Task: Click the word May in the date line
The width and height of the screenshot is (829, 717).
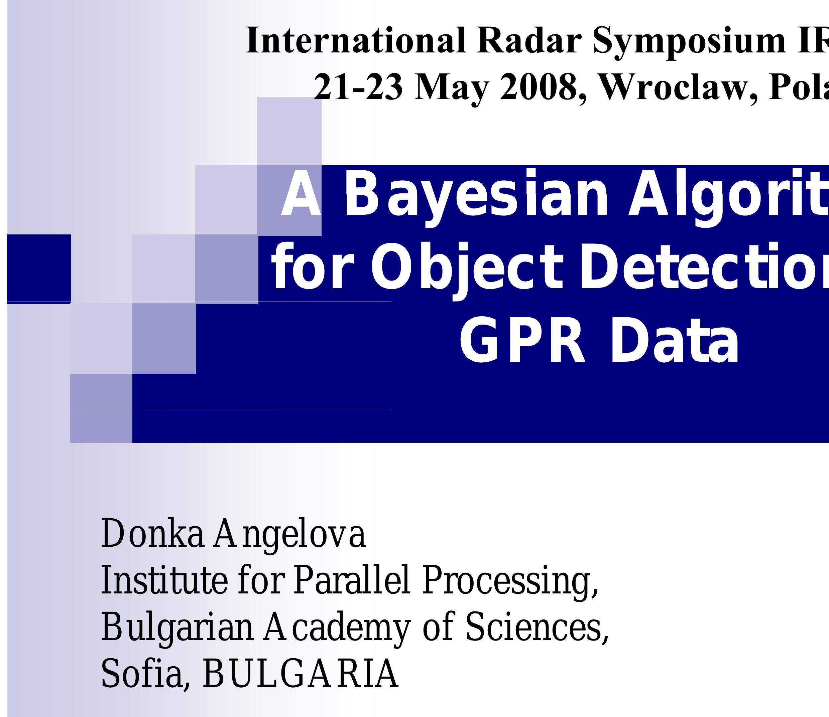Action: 452,88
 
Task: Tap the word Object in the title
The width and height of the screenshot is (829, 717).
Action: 467,267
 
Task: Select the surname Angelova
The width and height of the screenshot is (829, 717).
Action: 289,535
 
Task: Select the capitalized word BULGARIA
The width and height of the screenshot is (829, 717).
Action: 301,674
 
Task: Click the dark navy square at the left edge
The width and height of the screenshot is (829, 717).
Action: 39,268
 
